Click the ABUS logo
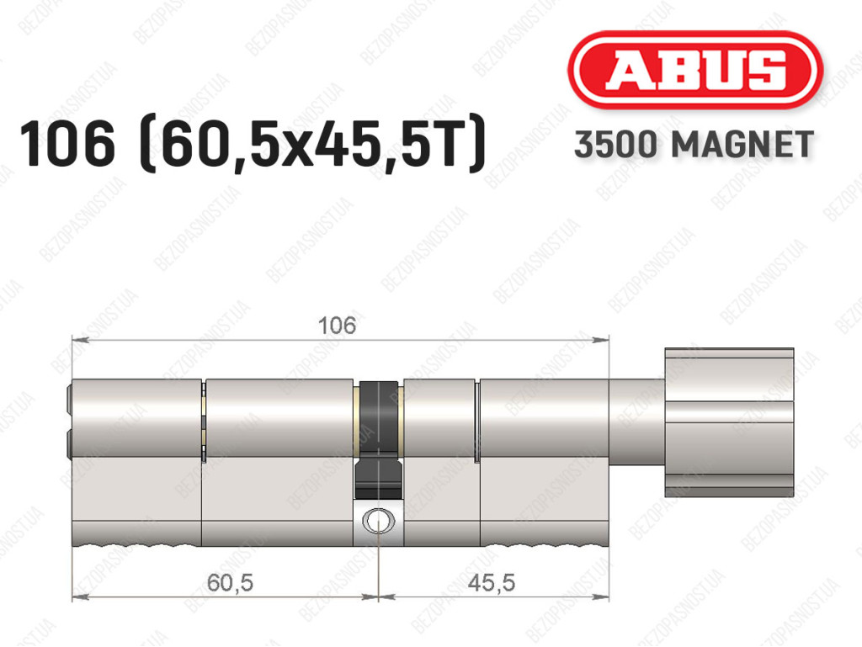(694, 70)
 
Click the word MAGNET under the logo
(742, 145)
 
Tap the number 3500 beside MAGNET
(615, 145)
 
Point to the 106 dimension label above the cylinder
(337, 326)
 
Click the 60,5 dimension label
(231, 582)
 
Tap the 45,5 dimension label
(492, 582)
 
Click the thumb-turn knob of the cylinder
(729, 422)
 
